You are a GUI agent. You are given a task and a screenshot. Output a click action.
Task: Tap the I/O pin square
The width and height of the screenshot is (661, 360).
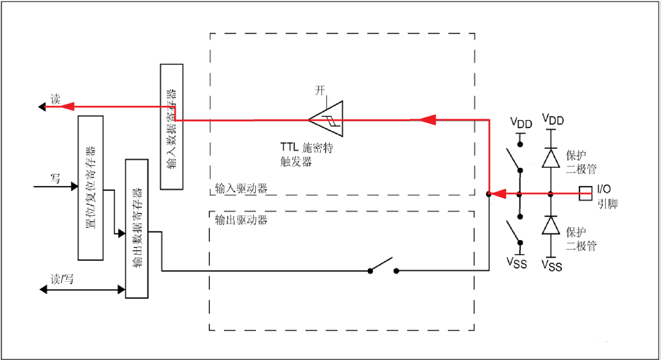point(586,193)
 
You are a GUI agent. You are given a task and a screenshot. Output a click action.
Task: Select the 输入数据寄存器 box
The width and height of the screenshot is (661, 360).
point(171,127)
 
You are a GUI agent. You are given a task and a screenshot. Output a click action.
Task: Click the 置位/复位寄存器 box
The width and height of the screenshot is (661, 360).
point(91,188)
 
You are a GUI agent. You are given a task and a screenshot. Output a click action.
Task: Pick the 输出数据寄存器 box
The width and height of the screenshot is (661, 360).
point(137,228)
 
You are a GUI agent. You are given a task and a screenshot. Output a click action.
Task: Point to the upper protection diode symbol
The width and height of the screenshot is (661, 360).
point(551,158)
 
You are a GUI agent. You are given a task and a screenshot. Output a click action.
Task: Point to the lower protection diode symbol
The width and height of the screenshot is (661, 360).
point(551,225)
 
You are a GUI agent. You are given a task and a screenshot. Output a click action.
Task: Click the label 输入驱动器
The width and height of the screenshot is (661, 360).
point(241,188)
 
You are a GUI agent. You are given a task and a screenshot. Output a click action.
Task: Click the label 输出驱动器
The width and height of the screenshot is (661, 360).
point(241,220)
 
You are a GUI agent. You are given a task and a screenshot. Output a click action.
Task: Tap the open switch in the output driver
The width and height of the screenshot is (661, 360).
point(383,266)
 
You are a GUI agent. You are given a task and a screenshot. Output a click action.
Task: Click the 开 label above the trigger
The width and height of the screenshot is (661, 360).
point(320,90)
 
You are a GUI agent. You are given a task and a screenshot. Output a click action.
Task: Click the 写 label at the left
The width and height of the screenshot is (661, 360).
point(55,178)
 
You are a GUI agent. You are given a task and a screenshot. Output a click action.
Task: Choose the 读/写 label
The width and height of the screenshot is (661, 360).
point(62,279)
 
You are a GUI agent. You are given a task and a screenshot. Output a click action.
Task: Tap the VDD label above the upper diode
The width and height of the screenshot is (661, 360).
point(553,120)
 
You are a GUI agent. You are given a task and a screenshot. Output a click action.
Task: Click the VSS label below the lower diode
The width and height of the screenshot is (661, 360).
point(552,266)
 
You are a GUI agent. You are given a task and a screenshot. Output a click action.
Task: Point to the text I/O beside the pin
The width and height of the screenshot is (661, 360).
point(603,189)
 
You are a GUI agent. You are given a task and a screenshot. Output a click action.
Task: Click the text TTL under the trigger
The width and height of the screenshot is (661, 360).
point(289,147)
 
